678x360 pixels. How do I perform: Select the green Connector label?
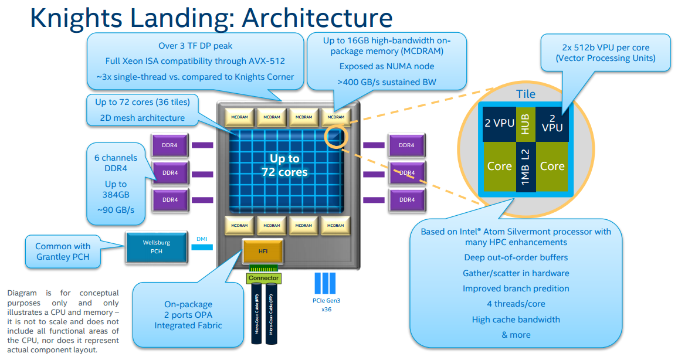(x=263, y=278)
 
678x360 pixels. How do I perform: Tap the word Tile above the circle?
(x=526, y=94)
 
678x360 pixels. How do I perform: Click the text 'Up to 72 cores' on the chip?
(x=284, y=165)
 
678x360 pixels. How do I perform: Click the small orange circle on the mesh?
(x=335, y=136)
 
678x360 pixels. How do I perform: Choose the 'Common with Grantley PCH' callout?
(x=62, y=251)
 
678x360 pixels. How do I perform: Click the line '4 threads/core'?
(x=516, y=304)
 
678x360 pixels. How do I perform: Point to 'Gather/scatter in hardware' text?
(x=516, y=273)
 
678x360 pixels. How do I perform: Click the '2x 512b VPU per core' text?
(x=605, y=47)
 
